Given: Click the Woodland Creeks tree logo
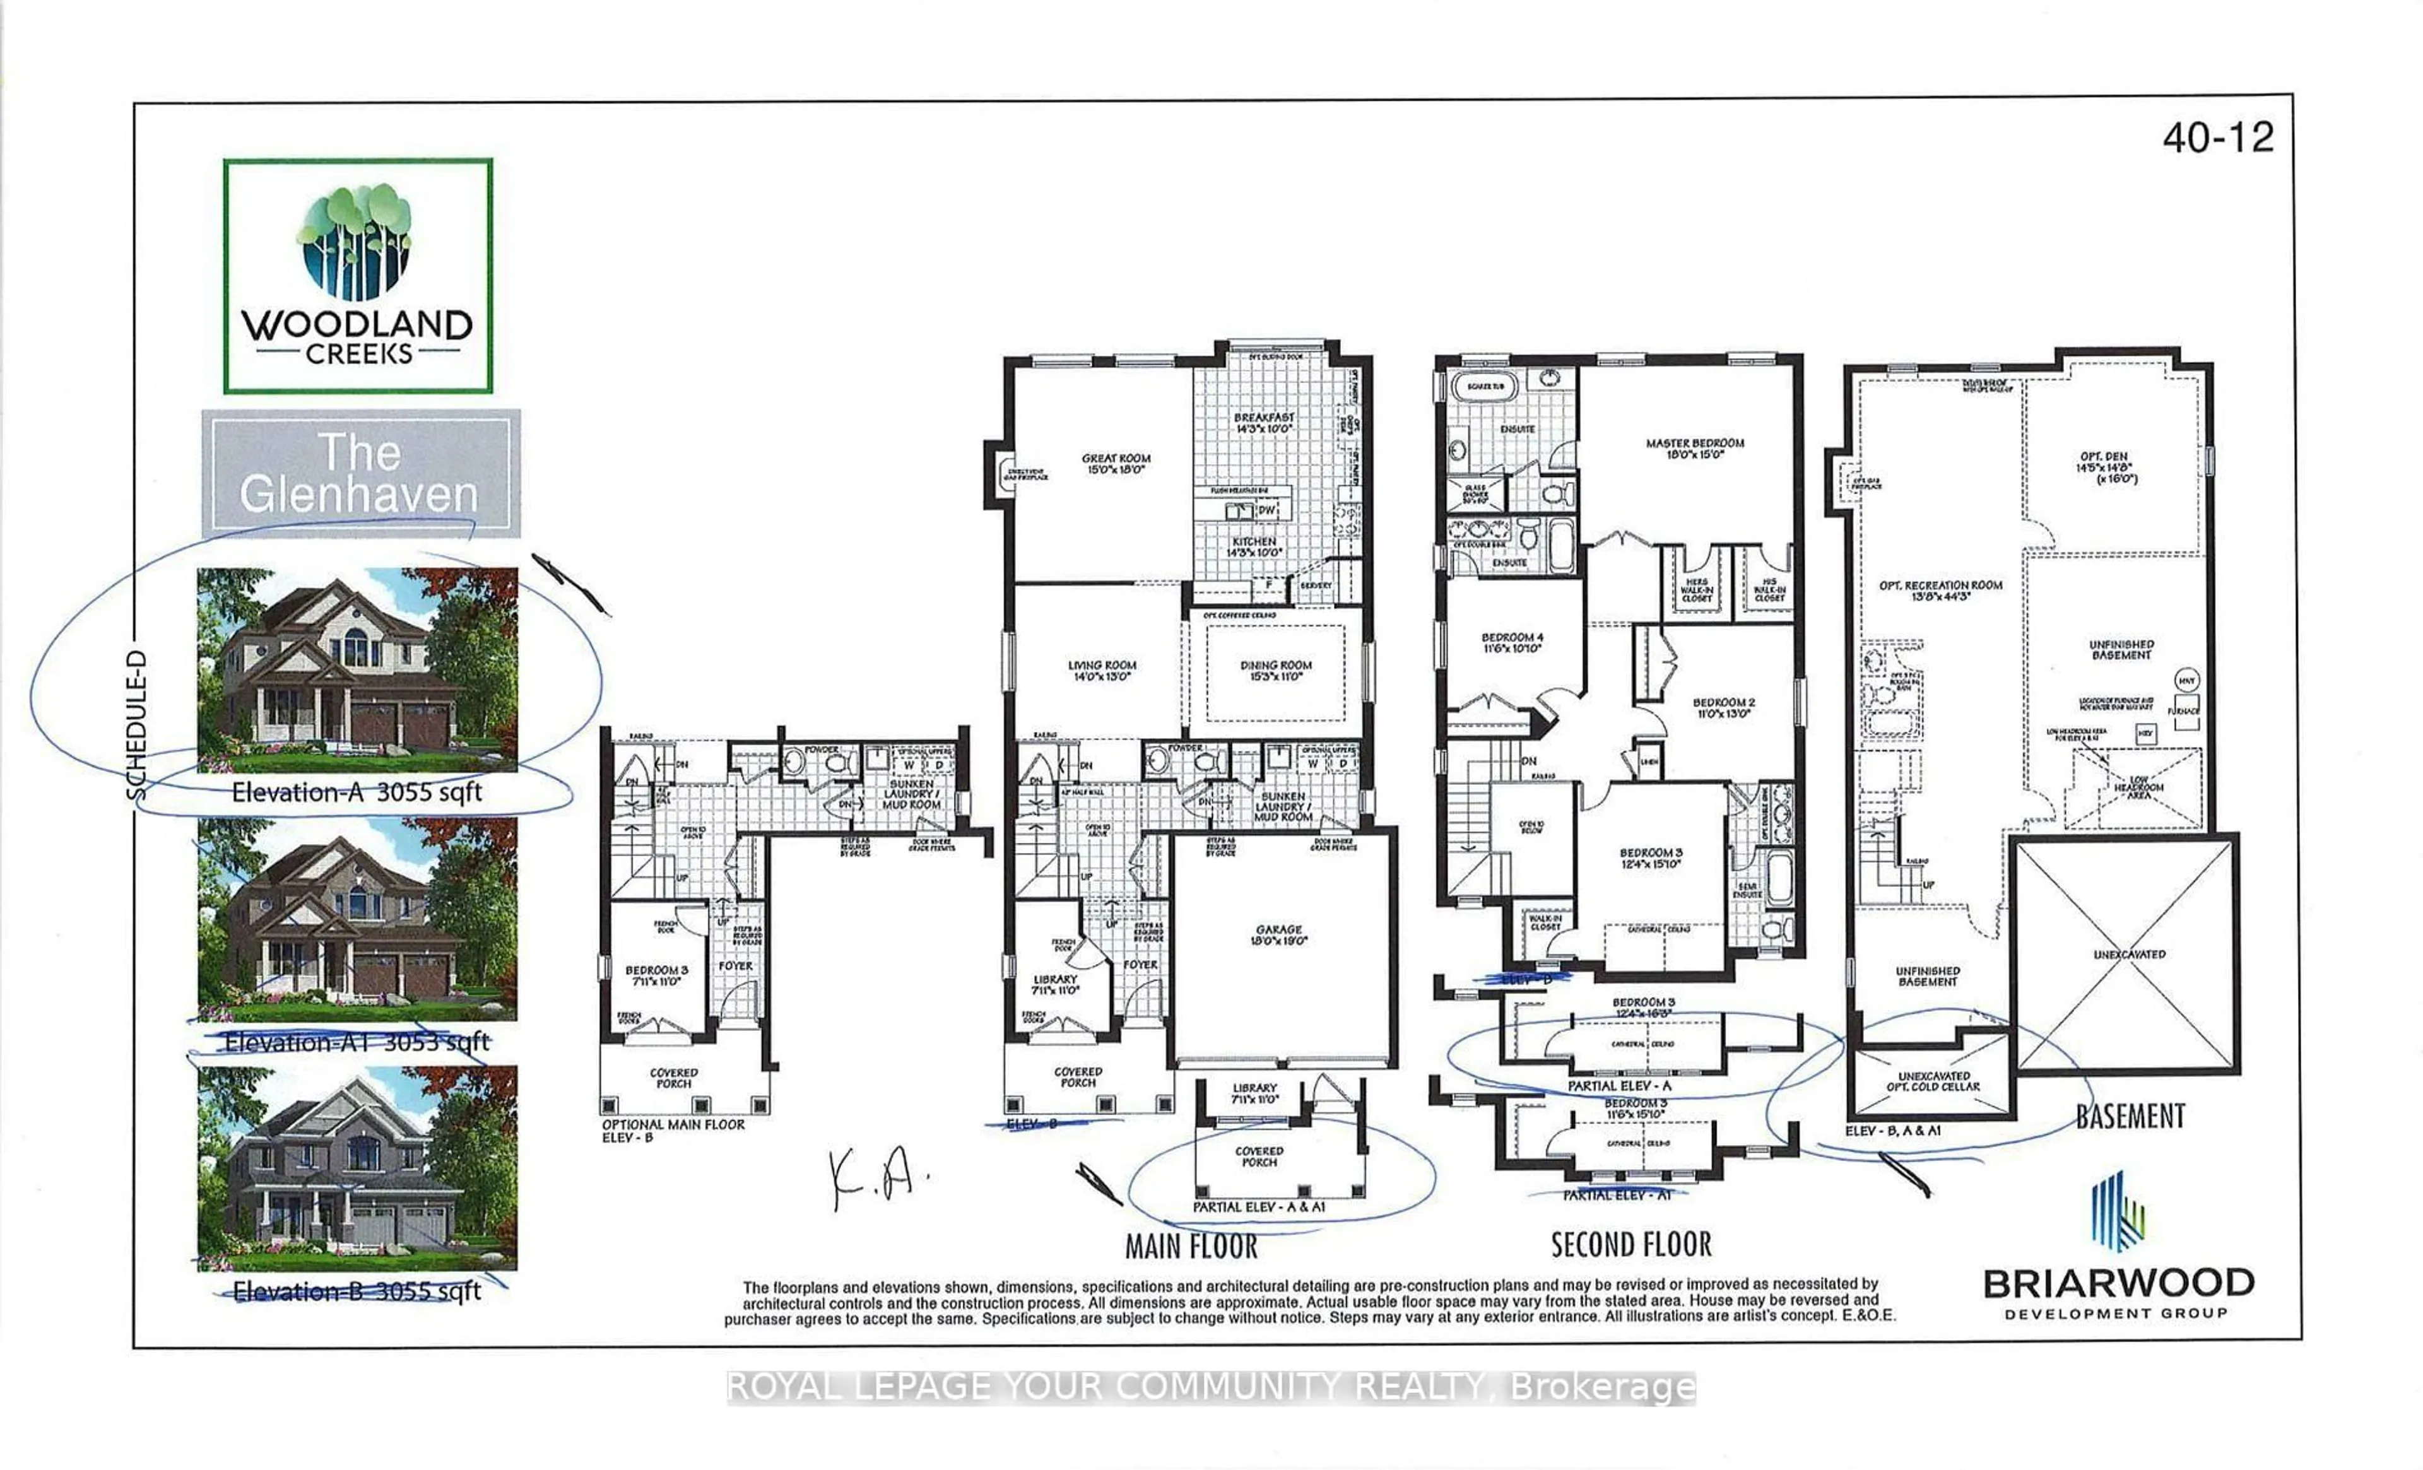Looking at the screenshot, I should pyautogui.click(x=356, y=242).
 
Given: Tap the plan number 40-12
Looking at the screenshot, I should pyautogui.click(x=2217, y=138).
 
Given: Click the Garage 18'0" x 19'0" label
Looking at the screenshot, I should pyautogui.click(x=1278, y=935).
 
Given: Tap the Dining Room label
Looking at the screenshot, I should pyautogui.click(x=1275, y=671).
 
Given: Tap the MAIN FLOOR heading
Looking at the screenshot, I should pyautogui.click(x=1191, y=1247).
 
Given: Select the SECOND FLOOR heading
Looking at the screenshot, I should pyautogui.click(x=1630, y=1245).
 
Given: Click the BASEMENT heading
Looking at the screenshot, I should pyautogui.click(x=2130, y=1116).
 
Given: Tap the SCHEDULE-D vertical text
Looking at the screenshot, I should pyautogui.click(x=137, y=726).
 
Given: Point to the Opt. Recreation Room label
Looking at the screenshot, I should pyautogui.click(x=1940, y=590).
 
